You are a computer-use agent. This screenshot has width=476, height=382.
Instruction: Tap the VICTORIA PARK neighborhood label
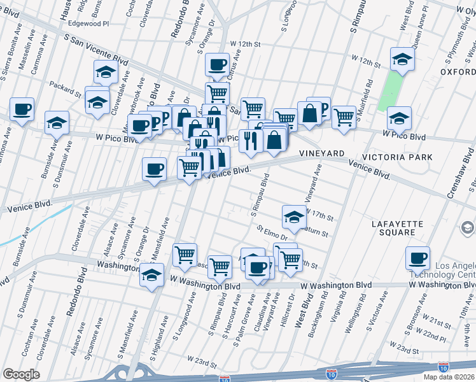click(x=397, y=157)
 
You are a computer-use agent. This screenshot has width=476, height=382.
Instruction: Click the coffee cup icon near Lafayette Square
click(x=418, y=258)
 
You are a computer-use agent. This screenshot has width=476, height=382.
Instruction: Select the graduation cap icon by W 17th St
click(x=293, y=216)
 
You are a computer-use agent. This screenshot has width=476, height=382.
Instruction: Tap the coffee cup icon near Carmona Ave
click(x=22, y=109)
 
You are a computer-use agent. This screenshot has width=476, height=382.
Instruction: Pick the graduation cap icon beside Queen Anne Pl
click(x=402, y=59)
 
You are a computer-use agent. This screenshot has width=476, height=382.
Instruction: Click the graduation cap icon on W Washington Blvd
click(x=151, y=274)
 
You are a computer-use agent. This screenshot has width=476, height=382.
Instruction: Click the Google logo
click(x=20, y=374)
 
